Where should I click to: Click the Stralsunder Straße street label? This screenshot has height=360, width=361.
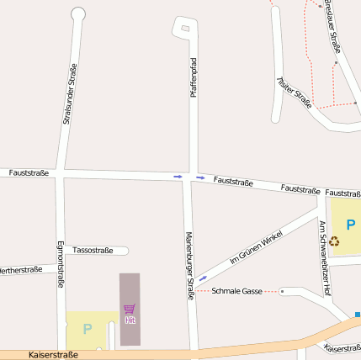pos(70,94)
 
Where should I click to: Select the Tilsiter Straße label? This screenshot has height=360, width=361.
pos(295,93)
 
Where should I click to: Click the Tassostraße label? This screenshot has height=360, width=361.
pos(93,250)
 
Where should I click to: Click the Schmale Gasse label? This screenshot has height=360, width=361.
pos(237,291)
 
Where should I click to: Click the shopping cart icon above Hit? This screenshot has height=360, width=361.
pos(130,309)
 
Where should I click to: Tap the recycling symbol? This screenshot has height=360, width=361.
pos(335,241)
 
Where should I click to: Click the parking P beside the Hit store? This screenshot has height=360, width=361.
pos(87,329)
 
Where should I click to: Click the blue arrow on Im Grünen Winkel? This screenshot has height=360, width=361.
pos(203,278)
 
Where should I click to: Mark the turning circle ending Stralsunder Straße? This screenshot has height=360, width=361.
pos(78,13)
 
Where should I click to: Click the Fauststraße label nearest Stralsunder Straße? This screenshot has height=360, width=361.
pos(29,172)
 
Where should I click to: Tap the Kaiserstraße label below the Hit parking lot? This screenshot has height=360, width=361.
pos(53,355)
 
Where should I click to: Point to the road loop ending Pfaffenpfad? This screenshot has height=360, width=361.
pos(184,28)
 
